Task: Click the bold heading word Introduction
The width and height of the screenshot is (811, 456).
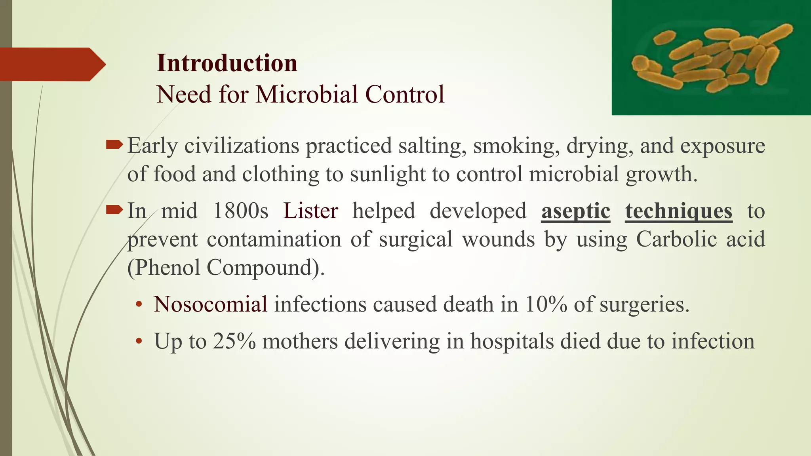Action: point(227,63)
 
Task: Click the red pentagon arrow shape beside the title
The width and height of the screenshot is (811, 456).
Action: point(51,65)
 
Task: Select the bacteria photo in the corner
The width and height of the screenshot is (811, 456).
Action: point(711,57)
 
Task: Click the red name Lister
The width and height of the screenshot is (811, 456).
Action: point(310,211)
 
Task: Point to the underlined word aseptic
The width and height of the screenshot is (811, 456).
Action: point(575,211)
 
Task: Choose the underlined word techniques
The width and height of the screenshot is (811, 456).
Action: point(679,211)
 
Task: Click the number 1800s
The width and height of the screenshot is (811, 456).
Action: point(240,211)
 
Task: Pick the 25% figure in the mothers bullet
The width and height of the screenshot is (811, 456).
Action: point(234,341)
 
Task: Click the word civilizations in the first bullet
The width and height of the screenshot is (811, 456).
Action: point(242,146)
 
